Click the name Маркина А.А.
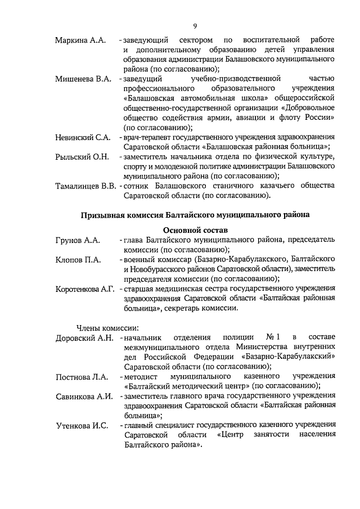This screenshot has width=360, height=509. [x=80, y=41]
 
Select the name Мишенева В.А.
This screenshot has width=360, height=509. [x=83, y=79]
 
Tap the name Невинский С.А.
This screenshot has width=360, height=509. [x=82, y=137]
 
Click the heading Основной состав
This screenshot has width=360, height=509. [x=194, y=229]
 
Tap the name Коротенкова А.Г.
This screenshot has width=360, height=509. [x=85, y=289]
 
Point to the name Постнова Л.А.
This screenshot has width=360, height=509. [x=82, y=376]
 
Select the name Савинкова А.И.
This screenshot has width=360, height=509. [x=84, y=397]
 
